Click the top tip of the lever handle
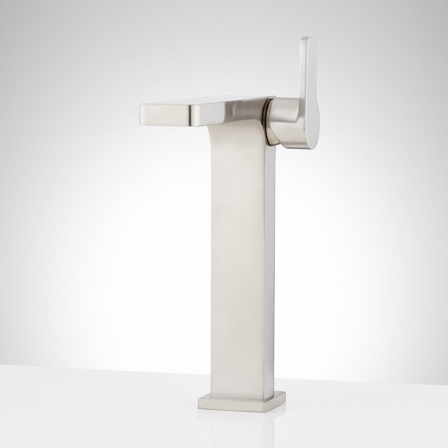click(x=308, y=40)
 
